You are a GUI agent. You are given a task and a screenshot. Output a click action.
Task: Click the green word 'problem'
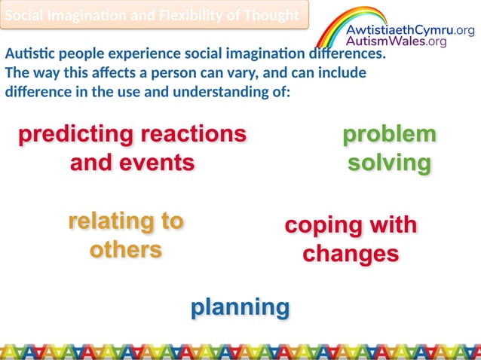point(389,135)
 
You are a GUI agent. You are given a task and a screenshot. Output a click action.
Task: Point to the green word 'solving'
point(389,163)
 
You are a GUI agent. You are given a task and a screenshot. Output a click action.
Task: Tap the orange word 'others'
point(125,249)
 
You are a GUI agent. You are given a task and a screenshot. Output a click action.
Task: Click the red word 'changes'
point(351,254)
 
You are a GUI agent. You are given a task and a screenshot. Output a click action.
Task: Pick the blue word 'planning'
point(240,307)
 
